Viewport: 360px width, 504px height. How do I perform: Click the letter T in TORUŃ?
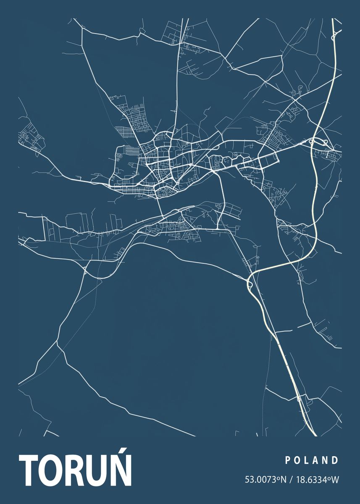(29, 470)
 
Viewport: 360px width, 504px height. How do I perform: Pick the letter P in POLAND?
(288, 460)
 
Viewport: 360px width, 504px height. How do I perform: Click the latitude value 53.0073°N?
(265, 479)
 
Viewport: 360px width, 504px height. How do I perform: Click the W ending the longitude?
(335, 479)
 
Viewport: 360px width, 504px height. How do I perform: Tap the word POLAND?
(312, 460)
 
